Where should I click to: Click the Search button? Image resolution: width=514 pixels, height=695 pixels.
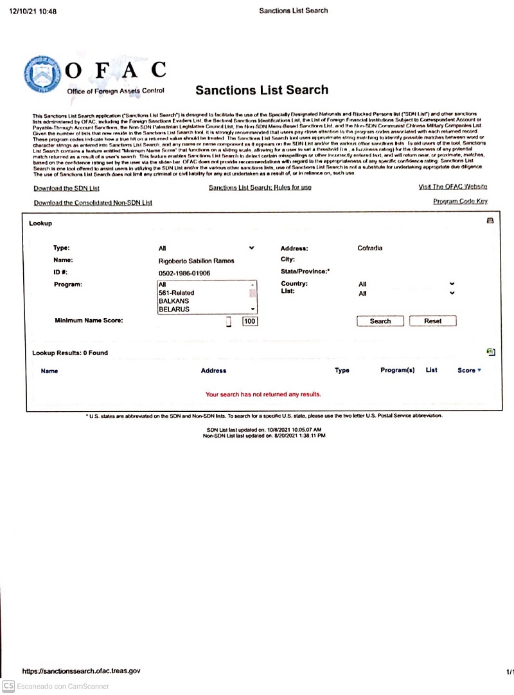pos(380,321)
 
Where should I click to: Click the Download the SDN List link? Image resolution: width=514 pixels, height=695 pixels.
pos(67,189)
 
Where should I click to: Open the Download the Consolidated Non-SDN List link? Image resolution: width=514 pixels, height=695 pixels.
pos(93,203)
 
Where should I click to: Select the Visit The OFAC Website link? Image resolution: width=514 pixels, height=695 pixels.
pos(452,187)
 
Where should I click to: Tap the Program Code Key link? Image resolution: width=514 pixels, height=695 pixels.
pos(460,201)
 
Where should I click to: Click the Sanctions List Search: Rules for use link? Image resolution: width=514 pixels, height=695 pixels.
pos(260,188)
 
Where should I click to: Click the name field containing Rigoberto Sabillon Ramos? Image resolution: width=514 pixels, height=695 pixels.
pos(196,261)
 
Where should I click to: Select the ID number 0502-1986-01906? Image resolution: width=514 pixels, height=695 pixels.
pos(184,273)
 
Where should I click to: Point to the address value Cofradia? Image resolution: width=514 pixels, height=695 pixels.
pos(369,248)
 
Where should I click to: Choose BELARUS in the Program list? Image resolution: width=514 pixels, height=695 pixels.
pos(174,310)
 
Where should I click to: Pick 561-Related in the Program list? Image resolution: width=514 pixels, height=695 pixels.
pos(176,293)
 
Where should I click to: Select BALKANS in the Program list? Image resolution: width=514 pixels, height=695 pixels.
pos(174,301)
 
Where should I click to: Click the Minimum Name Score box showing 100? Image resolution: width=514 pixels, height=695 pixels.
pos(249,321)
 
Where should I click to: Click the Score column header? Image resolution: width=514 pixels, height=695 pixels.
pos(466,370)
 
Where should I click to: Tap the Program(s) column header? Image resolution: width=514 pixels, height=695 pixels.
pos(397,370)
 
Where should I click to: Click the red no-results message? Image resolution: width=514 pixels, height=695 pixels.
pos(263,394)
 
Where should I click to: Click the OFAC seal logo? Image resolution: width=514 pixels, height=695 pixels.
pos(43,76)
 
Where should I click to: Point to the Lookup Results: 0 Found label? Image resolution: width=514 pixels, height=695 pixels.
pos(70,353)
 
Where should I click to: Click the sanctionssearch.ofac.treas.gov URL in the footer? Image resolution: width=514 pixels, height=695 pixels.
pos(81,671)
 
